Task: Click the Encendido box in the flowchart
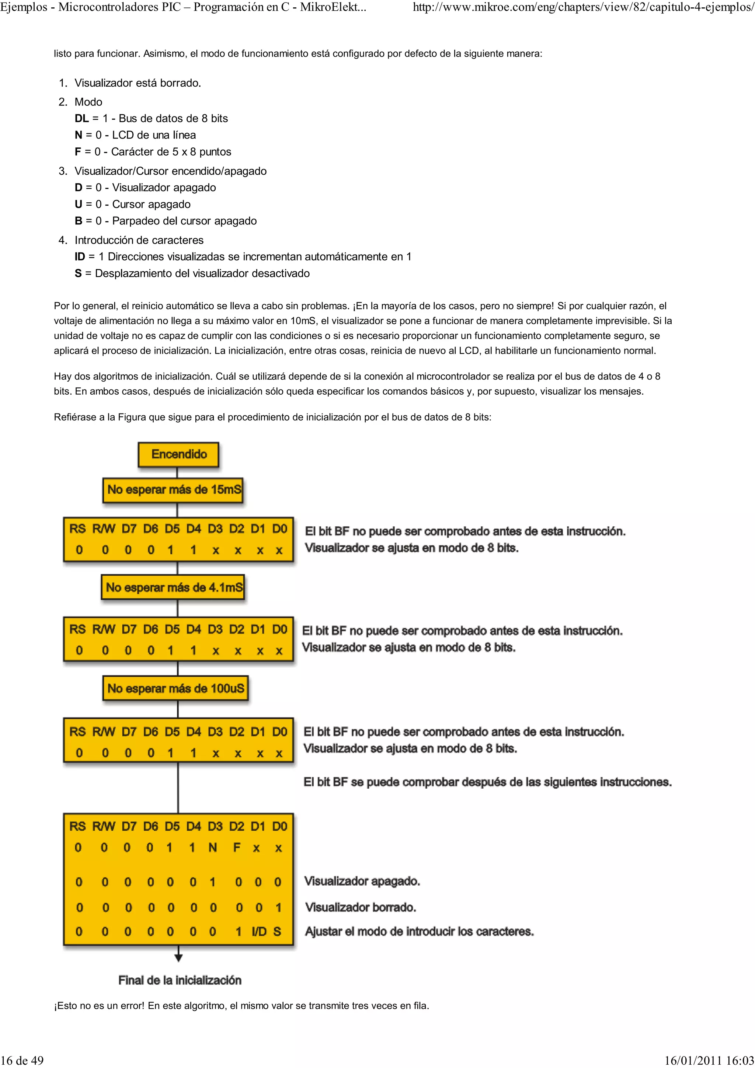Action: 179,454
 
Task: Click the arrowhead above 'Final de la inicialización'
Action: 178,958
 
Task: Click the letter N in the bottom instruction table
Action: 213,848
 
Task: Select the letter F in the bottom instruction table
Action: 237,848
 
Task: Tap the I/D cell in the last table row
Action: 259,931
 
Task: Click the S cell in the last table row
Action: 277,931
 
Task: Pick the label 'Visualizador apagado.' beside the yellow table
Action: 362,881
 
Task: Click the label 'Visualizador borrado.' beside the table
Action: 361,907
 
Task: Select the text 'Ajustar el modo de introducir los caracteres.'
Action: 419,931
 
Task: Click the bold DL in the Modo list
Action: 81,119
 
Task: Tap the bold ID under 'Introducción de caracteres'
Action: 80,257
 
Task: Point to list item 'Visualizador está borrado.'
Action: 138,83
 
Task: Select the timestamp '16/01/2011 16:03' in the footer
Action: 709,1060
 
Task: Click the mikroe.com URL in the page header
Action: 583,8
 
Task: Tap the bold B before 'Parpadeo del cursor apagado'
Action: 78,221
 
